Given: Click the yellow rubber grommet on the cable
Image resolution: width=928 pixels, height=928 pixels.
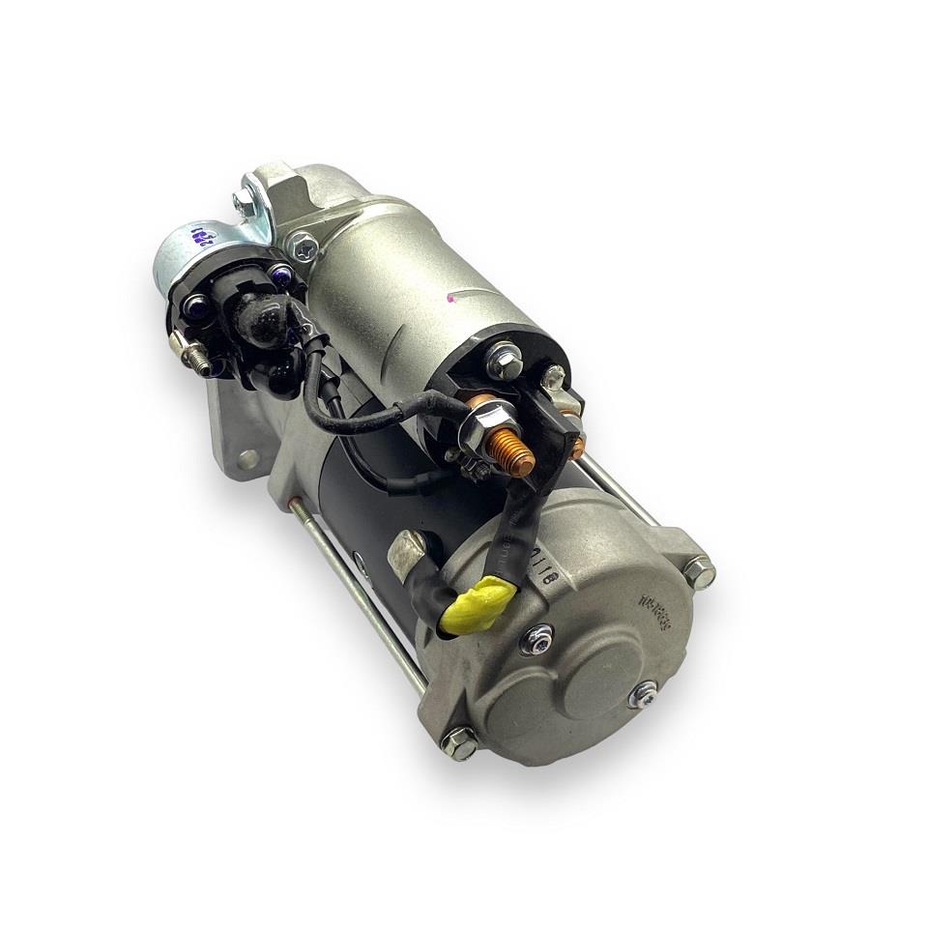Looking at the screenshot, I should coord(471,602).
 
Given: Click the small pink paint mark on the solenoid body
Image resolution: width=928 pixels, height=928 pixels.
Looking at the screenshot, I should coord(452,302).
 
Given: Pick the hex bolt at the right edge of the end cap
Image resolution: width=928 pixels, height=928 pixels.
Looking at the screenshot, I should coord(699,573).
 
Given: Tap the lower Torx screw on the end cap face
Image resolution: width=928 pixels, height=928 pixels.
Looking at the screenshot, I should coord(642,693).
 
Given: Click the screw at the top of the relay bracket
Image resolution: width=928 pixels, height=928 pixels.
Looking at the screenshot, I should coord(242,202).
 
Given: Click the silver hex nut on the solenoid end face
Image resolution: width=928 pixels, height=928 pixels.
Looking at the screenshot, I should coord(504,364).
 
